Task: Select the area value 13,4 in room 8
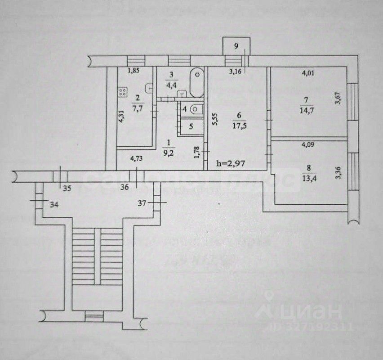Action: [x=308, y=175]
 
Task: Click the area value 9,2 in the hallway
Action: [x=169, y=151]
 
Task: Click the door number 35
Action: [x=67, y=189]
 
